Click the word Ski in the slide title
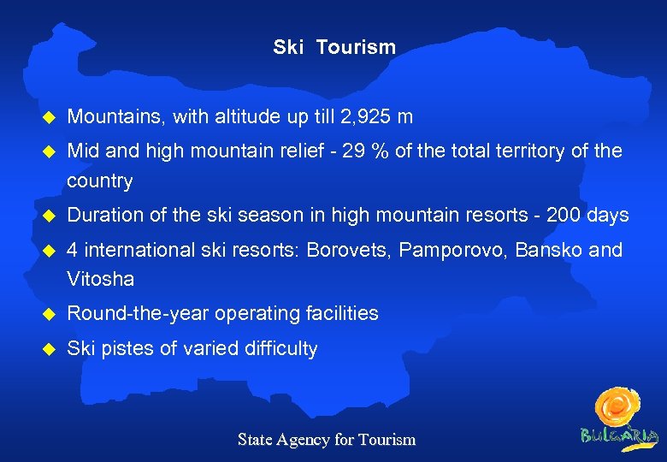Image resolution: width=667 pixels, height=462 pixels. coord(288,47)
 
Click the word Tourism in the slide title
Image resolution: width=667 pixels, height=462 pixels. coord(356,47)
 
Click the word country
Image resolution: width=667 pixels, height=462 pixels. coord(100,181)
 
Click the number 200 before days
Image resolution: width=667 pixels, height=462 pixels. coord(564,215)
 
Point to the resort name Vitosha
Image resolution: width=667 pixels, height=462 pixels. coord(100,280)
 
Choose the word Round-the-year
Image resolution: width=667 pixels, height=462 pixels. coord(138,313)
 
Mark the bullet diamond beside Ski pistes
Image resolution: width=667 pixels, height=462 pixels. coord(49,349)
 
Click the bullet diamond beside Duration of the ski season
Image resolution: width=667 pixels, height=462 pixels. coord(49,216)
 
